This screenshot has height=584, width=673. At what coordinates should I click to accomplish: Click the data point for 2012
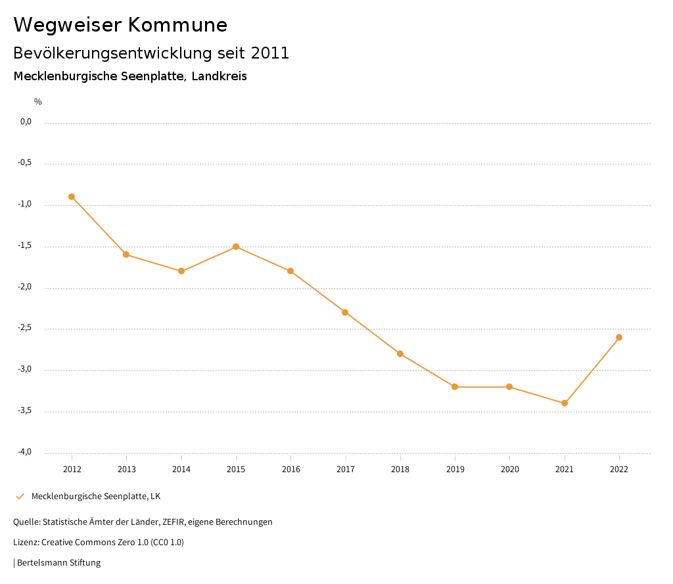tap(72, 197)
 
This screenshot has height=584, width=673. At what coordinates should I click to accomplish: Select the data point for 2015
tap(236, 247)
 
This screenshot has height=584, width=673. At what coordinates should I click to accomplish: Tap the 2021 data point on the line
tap(565, 403)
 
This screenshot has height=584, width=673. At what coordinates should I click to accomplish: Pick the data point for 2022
tap(619, 337)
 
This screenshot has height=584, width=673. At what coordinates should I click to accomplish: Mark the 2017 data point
tap(345, 312)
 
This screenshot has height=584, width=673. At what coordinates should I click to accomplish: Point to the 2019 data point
tap(455, 387)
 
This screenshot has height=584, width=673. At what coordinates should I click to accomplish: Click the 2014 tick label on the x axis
tap(181, 469)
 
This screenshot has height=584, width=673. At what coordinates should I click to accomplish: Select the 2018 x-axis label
tap(400, 469)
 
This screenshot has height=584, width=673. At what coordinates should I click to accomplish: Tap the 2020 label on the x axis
tap(510, 469)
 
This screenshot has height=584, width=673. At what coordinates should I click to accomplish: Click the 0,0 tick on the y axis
tap(26, 122)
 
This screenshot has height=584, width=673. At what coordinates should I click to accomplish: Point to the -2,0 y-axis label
tap(25, 287)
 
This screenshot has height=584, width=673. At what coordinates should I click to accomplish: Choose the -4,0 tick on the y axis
tap(25, 452)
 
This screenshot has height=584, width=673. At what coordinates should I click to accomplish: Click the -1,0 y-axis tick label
tap(25, 204)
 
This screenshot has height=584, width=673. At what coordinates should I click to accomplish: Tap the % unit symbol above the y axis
tap(38, 102)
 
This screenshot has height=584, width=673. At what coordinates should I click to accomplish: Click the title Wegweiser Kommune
tap(120, 25)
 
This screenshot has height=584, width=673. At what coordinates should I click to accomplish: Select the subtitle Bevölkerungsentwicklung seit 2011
tap(151, 53)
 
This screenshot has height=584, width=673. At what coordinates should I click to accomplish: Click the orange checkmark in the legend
tap(20, 497)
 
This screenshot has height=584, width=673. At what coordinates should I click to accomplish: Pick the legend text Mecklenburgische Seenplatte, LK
tap(96, 496)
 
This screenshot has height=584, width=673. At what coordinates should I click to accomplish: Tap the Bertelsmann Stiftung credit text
tap(58, 563)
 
